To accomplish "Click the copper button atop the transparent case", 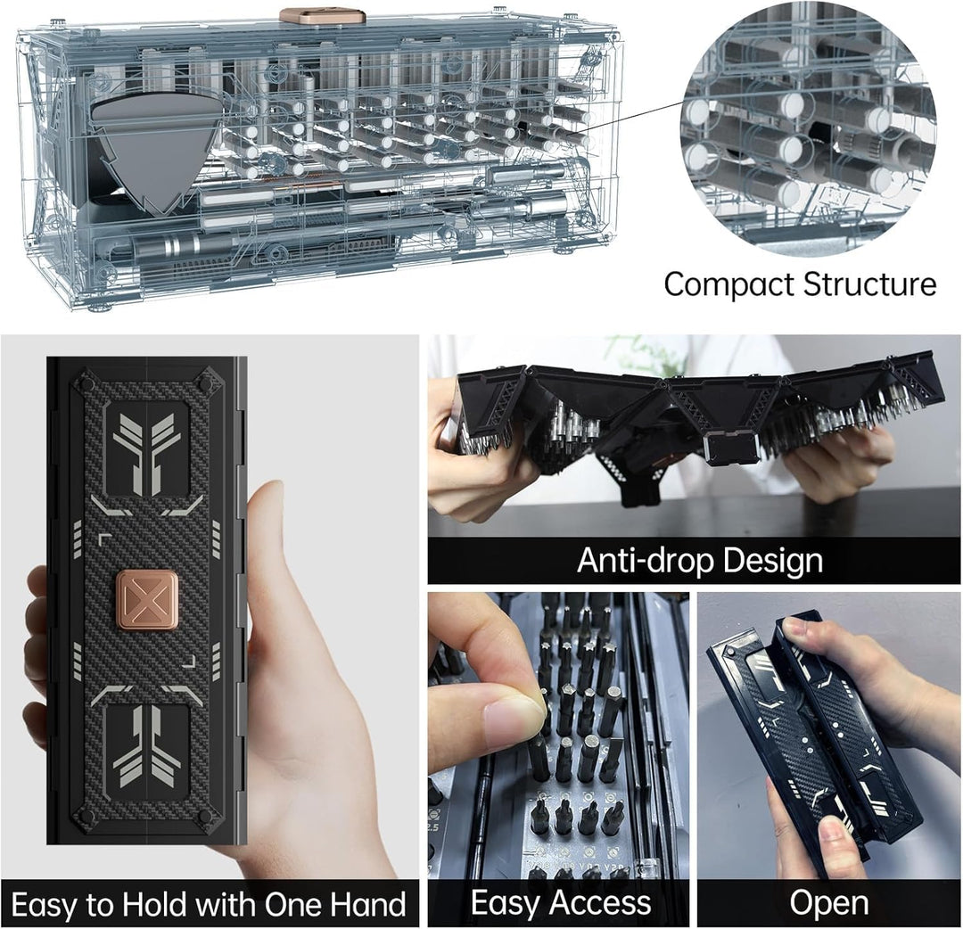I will (322, 16).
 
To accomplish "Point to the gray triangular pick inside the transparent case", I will (156, 148).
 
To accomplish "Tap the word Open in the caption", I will (828, 902).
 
